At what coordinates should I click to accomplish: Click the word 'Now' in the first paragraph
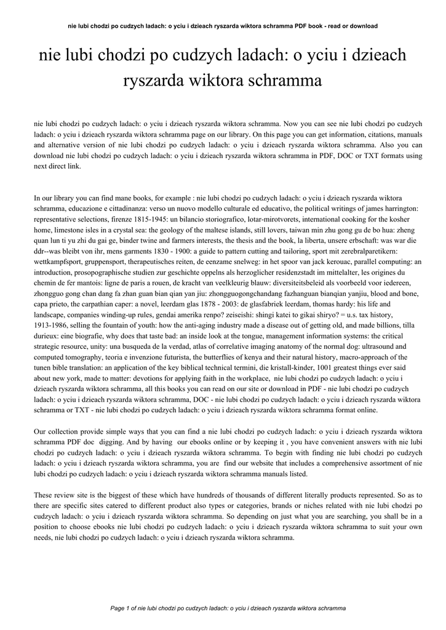tap(300, 123)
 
